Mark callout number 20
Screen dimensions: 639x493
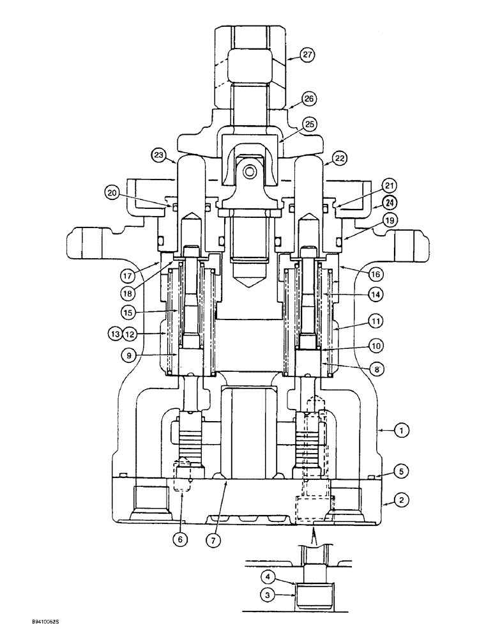point(113,192)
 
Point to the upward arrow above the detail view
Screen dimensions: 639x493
point(314,535)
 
